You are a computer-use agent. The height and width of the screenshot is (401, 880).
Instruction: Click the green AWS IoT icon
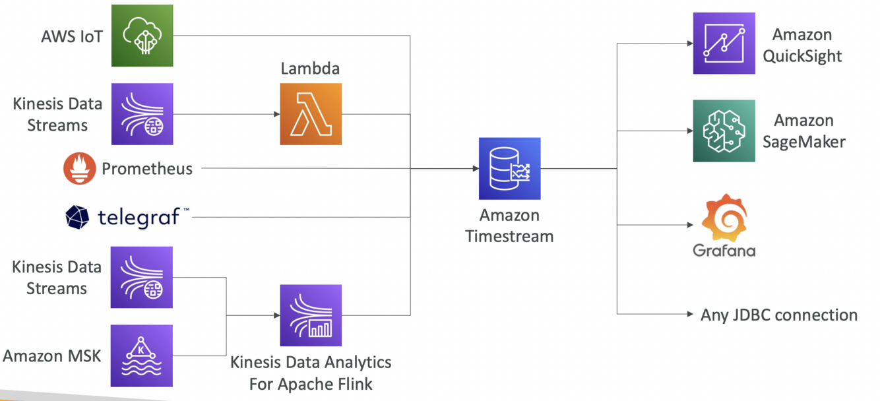click(x=142, y=36)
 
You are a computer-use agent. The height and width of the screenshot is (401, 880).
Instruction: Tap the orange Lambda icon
click(x=311, y=114)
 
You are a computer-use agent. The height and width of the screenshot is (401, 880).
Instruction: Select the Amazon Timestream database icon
click(x=509, y=168)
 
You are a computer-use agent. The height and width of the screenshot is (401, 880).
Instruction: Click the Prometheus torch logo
click(x=79, y=168)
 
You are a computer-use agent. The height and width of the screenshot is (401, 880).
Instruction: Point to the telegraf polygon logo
click(x=77, y=217)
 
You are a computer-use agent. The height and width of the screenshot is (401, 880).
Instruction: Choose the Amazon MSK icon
click(x=142, y=355)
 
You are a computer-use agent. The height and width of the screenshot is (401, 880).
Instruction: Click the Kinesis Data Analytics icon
click(x=311, y=315)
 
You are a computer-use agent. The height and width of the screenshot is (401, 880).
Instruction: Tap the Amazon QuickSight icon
click(x=724, y=44)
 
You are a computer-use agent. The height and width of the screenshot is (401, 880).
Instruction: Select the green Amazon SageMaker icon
click(x=724, y=131)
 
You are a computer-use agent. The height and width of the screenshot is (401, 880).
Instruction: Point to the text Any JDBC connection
click(x=778, y=315)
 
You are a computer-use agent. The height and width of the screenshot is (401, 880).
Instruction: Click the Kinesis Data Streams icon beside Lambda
click(x=142, y=114)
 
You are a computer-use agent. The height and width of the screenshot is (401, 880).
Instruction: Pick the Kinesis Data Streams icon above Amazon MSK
click(x=142, y=278)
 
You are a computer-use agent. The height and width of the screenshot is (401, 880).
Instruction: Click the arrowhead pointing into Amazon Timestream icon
click(x=475, y=169)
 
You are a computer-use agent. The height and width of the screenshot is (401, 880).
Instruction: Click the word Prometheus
click(x=147, y=169)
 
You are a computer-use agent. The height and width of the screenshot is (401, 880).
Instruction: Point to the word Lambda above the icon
click(x=310, y=69)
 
